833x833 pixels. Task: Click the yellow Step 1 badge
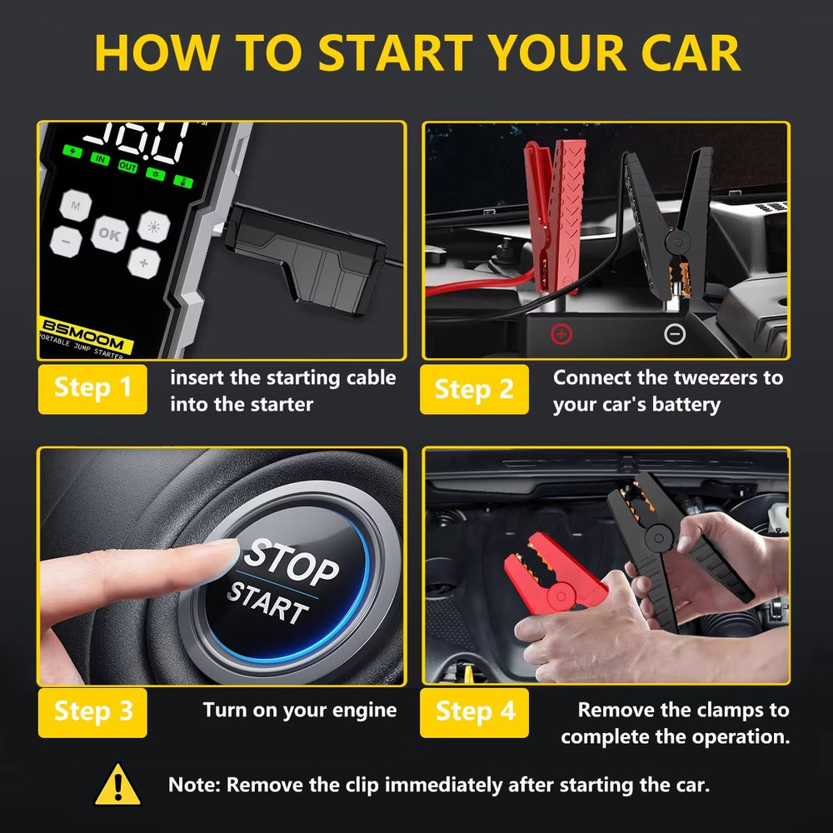(92, 388)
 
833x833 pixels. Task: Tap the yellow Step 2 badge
(474, 388)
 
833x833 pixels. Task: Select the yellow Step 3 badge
(92, 711)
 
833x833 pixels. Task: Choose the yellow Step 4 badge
(474, 711)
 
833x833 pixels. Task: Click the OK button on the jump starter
(109, 234)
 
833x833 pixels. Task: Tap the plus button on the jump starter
(144, 263)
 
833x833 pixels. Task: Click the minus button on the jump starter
(65, 242)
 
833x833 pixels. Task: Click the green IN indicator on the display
(100, 158)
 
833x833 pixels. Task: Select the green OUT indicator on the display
(127, 167)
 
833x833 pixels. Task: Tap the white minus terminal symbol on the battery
(675, 335)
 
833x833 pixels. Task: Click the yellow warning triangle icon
(117, 786)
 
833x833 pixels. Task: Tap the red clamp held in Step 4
(554, 576)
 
